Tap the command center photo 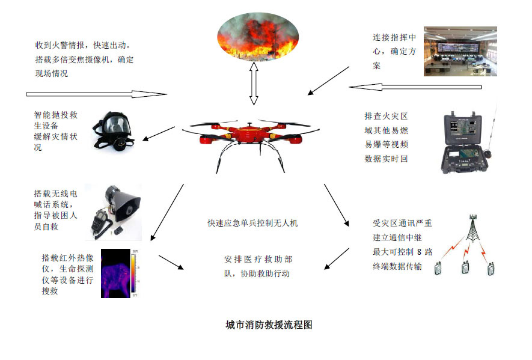[x=460, y=50]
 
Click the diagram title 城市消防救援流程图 [x=269, y=325]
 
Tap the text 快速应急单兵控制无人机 [x=253, y=223]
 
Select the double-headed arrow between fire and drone [x=254, y=84]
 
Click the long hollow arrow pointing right [x=96, y=94]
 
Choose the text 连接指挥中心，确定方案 [x=394, y=52]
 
